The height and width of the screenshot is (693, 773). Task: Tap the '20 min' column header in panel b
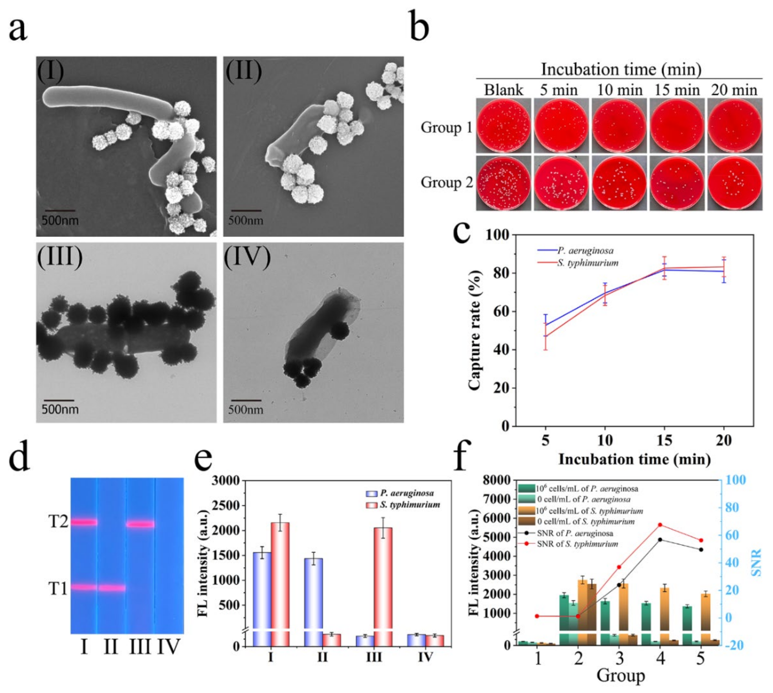click(x=734, y=90)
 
